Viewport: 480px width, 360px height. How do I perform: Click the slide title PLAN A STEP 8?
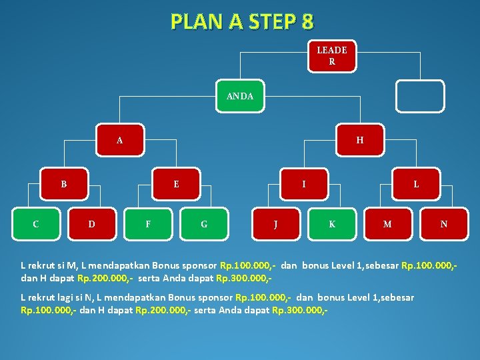pyautogui.click(x=241, y=22)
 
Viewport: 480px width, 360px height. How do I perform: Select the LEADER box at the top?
pyautogui.click(x=331, y=56)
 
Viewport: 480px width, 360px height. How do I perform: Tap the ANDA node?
pyautogui.click(x=239, y=96)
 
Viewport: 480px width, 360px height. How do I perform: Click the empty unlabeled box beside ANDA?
pyautogui.click(x=419, y=97)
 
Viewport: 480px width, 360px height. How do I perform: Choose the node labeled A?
pyautogui.click(x=120, y=140)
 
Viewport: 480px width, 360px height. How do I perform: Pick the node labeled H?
pyautogui.click(x=360, y=140)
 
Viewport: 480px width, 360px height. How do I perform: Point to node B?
pyautogui.click(x=64, y=184)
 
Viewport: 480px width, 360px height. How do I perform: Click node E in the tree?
pyautogui.click(x=176, y=184)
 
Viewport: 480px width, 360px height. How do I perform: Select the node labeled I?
pyautogui.click(x=304, y=184)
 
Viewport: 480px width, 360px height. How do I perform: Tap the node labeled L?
pyautogui.click(x=416, y=184)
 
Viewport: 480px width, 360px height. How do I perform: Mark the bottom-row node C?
pyautogui.click(x=36, y=224)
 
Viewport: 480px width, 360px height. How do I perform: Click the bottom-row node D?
pyautogui.click(x=92, y=224)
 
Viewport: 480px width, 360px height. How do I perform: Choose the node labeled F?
pyautogui.click(x=148, y=224)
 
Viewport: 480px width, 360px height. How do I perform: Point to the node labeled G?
pyautogui.click(x=204, y=224)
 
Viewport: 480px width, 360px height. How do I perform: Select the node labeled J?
pyautogui.click(x=276, y=224)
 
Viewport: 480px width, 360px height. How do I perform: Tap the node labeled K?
pyautogui.click(x=332, y=224)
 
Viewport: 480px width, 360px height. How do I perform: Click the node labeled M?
pyautogui.click(x=387, y=224)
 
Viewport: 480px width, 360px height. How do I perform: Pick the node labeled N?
pyautogui.click(x=444, y=224)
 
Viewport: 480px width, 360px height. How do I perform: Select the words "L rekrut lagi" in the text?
pyautogui.click(x=46, y=297)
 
